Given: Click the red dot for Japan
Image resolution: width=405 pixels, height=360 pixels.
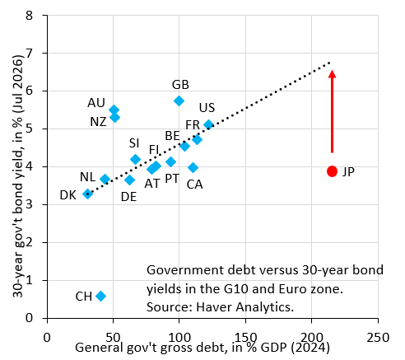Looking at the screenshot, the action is tap(332, 171).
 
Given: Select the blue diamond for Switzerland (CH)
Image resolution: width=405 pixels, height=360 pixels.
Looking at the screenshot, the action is tap(101, 296).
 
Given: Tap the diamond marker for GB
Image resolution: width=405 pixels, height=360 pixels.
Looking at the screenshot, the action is tap(179, 101).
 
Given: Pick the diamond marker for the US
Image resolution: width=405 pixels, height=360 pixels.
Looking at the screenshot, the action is tap(208, 125).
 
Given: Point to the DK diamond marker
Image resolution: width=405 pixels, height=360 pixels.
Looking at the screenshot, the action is tap(87, 194).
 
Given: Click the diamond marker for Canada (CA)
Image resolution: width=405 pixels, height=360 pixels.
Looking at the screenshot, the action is tap(193, 167).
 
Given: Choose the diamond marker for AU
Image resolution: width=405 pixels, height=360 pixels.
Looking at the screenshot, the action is tap(114, 110).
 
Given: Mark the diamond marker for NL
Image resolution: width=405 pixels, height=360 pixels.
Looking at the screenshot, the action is tap(105, 180).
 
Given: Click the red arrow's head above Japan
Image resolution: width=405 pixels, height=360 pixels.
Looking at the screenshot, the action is tap(332, 74).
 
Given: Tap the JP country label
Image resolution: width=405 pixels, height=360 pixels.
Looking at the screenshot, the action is tap(348, 172).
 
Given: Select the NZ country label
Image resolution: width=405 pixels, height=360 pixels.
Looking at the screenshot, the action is tap(98, 122).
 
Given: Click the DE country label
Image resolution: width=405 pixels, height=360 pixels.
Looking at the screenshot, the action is tap(128, 197).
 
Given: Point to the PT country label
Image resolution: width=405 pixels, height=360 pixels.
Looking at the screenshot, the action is tap(172, 179).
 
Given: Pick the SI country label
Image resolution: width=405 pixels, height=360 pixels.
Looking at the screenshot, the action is tap(134, 143).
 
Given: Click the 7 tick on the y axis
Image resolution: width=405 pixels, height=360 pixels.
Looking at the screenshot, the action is tap(29, 53).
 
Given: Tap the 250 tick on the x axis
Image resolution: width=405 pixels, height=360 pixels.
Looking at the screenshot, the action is tap(378, 337).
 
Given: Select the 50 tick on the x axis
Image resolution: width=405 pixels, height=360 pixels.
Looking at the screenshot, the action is tap(114, 337).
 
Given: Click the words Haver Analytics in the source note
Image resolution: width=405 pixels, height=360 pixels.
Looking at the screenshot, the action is tap(244, 306).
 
